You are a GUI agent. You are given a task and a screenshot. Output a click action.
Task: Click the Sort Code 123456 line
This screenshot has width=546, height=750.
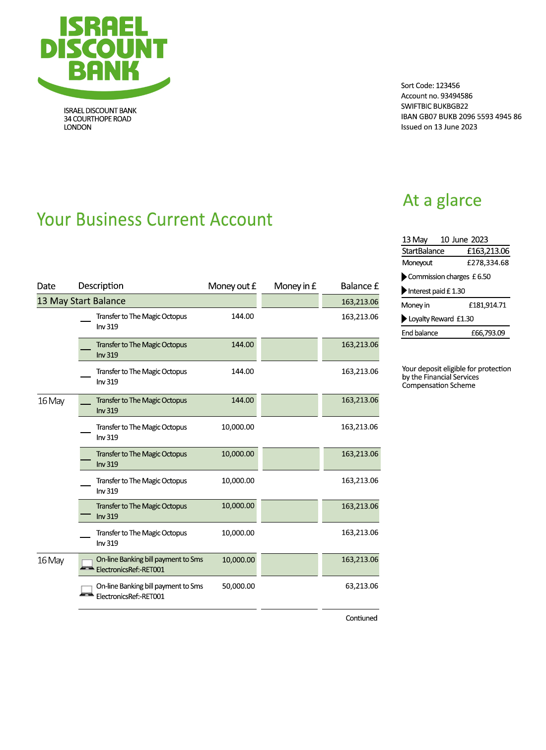tap(430, 85)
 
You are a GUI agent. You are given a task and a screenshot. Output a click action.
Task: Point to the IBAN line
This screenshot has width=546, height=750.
tap(461, 117)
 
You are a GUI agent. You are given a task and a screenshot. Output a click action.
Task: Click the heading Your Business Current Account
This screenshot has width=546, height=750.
tap(154, 220)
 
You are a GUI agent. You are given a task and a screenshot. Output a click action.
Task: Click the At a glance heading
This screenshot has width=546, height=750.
tap(442, 200)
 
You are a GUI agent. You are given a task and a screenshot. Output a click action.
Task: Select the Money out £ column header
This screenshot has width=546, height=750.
tap(232, 286)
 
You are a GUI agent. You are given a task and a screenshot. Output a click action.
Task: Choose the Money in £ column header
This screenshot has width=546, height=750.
tap(295, 286)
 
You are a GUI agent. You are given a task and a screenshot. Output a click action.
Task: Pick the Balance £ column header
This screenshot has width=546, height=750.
tap(359, 286)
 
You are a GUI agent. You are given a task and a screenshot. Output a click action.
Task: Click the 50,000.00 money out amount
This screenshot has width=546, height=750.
tap(238, 586)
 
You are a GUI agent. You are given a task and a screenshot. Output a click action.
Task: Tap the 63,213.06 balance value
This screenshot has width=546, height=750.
tap(361, 586)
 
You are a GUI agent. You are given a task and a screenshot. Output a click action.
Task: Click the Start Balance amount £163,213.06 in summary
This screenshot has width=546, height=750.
tap(488, 251)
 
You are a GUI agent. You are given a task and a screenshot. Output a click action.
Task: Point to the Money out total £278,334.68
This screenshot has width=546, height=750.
tap(487, 263)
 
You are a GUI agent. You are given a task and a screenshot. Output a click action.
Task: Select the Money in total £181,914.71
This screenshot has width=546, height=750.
tap(487, 305)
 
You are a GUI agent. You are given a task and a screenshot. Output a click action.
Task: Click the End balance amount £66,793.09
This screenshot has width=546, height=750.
tap(488, 333)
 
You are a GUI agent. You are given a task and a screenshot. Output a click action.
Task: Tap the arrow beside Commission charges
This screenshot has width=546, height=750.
tap(404, 277)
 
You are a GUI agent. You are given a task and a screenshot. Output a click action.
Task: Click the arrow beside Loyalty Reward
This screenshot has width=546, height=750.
tap(404, 319)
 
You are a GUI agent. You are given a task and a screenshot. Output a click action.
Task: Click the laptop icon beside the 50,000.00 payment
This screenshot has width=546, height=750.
tap(87, 591)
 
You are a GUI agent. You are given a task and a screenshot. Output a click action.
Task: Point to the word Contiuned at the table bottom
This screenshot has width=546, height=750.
tap(361, 618)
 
